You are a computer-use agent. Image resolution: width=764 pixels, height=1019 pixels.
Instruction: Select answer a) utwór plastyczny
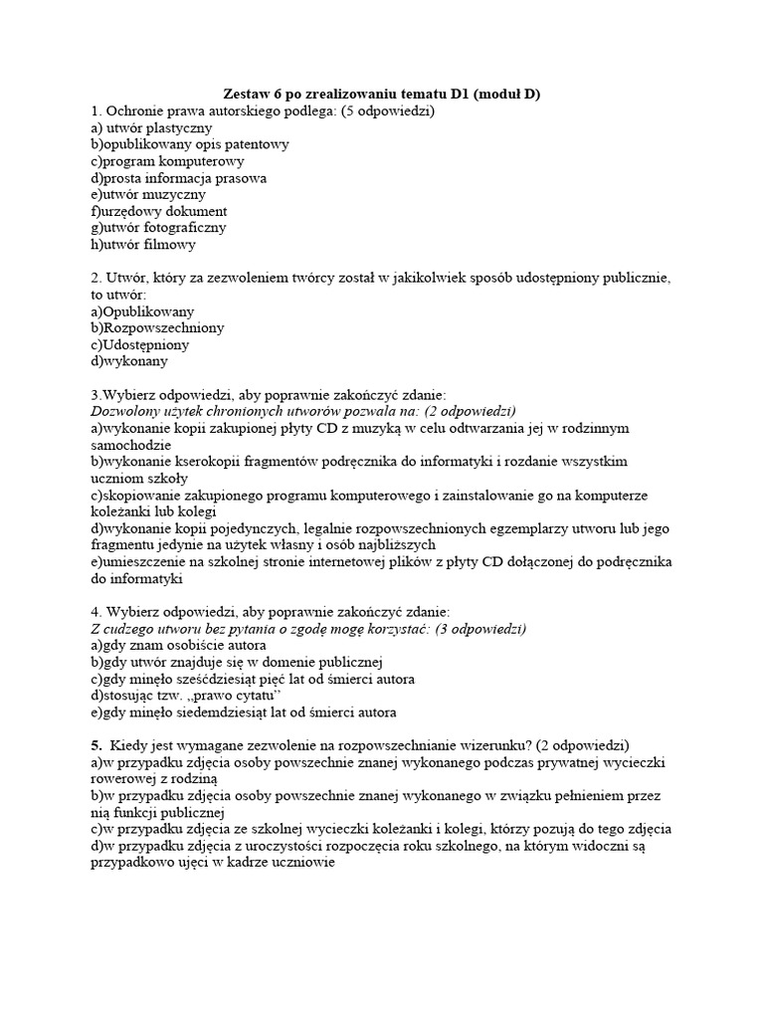click(151, 127)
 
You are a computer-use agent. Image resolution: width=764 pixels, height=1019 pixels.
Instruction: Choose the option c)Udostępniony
click(140, 344)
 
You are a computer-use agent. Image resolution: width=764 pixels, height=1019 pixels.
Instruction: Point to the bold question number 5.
click(96, 745)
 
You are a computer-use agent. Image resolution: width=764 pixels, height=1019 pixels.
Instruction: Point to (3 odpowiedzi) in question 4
click(474, 629)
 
